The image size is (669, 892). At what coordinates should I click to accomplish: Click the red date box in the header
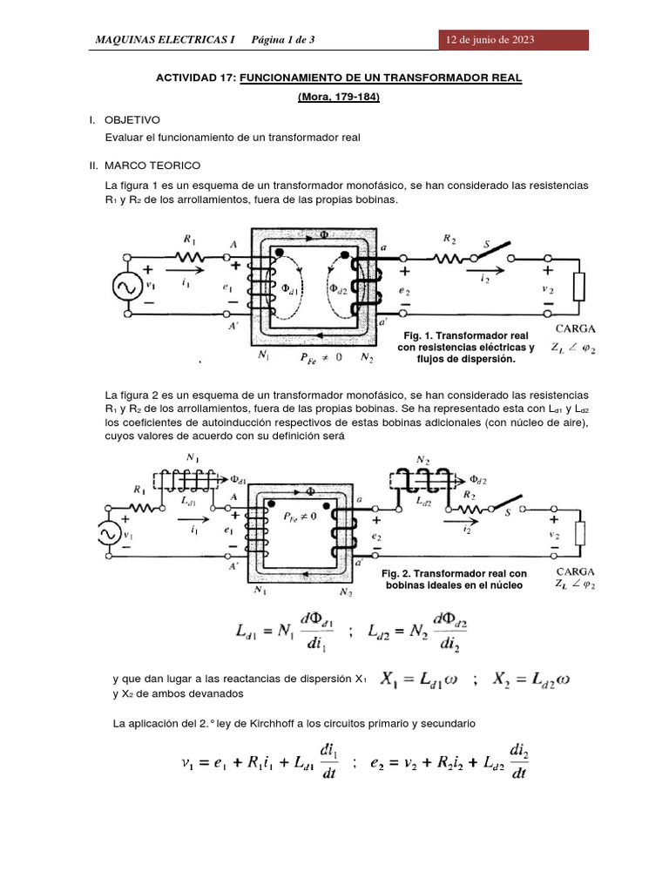point(513,40)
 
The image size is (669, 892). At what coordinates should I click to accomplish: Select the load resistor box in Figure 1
point(577,287)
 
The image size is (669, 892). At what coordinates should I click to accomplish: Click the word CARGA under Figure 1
point(576,330)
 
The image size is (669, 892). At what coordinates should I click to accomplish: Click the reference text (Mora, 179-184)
point(338,98)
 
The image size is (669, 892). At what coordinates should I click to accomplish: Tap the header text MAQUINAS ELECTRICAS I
point(166,40)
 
